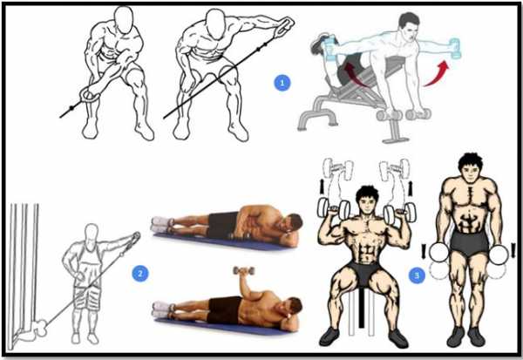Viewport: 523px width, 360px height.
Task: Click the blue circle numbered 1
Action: point(282,83)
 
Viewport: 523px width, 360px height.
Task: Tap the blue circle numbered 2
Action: point(140,274)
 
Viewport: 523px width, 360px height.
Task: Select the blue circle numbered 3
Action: point(417,275)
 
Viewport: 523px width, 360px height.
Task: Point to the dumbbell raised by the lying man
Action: point(244,270)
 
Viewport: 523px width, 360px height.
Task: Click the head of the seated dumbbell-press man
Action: point(367,200)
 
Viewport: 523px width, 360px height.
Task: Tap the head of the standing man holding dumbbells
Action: point(470,168)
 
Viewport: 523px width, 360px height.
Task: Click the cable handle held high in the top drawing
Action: point(283,25)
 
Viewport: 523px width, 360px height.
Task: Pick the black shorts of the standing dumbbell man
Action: point(470,243)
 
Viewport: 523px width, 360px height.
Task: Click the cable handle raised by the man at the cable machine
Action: point(134,238)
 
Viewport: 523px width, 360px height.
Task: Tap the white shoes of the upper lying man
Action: point(162,224)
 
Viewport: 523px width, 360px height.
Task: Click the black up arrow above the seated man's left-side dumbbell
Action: point(323,187)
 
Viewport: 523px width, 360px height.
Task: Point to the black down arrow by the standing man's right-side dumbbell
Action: point(513,250)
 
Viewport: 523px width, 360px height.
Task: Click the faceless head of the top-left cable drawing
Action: point(124,20)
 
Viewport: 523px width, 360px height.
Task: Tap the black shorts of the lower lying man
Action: point(224,310)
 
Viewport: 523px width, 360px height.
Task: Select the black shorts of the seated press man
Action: point(364,275)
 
